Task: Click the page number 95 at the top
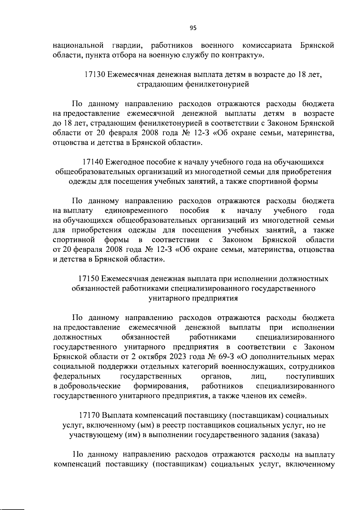(x=193, y=28)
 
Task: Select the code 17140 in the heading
(x=93, y=162)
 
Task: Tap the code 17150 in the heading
(x=88, y=279)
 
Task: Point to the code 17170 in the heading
(x=89, y=416)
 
